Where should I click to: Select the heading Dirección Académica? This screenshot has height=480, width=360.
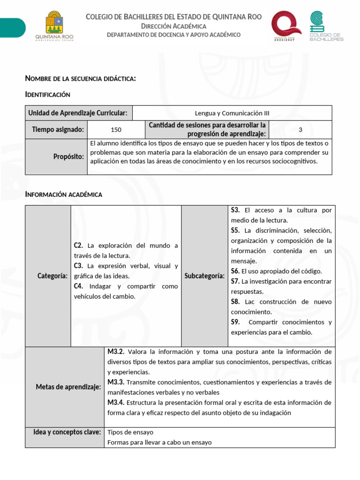(173, 26)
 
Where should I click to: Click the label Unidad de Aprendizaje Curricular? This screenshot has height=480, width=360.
(78, 113)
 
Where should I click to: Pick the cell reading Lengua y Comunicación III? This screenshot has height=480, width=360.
(232, 113)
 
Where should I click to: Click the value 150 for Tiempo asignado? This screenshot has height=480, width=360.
(116, 130)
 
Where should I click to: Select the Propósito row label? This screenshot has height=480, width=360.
(69, 157)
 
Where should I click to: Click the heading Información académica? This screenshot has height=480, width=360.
(63, 194)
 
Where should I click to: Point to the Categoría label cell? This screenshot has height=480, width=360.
(52, 276)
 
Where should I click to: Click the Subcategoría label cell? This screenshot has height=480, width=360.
(204, 276)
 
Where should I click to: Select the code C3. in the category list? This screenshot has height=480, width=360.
(78, 266)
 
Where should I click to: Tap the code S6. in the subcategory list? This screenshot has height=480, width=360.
(235, 271)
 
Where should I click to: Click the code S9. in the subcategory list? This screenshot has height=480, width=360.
(235, 322)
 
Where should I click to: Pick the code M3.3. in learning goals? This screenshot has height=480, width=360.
(116, 382)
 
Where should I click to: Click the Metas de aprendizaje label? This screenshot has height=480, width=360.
(68, 387)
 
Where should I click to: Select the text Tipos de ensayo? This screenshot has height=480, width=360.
(130, 432)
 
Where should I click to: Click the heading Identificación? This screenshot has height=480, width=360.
(47, 95)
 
